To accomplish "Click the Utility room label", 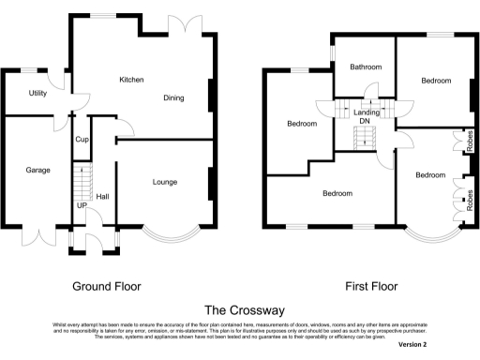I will click(x=37, y=94).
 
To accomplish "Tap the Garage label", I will click(x=37, y=171).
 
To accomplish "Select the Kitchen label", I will click(x=131, y=81).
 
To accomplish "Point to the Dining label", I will click(x=173, y=97).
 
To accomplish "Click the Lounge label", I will click(x=165, y=182).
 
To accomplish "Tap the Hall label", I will click(x=102, y=197).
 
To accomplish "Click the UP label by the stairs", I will click(x=81, y=204).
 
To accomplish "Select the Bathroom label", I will click(x=366, y=67).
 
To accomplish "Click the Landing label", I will click(x=367, y=112).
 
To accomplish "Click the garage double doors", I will click(x=37, y=234).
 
